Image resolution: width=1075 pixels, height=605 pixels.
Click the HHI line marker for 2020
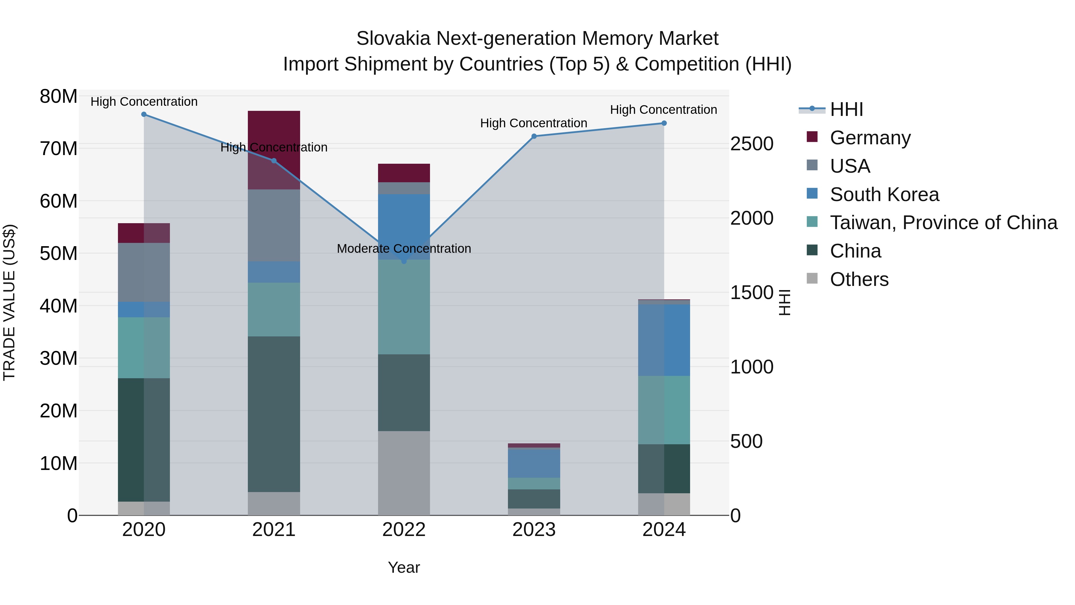tap(144, 114)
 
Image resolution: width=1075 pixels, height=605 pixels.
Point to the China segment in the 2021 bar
tap(274, 414)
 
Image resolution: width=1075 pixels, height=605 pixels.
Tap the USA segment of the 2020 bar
tap(144, 272)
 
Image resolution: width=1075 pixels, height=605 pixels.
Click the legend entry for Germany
tap(870, 138)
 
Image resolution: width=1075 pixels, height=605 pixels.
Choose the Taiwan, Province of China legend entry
tap(943, 223)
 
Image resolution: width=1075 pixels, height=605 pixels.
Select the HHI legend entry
tap(846, 109)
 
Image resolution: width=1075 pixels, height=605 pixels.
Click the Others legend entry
tap(859, 279)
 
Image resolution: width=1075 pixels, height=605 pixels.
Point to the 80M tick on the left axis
tap(59, 97)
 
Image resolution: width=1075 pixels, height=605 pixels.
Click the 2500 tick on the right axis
tap(752, 144)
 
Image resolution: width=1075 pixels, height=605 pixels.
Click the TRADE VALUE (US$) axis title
tap(9, 302)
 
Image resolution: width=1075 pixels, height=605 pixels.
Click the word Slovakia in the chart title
tap(393, 39)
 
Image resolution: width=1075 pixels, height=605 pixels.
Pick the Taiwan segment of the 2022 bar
tap(404, 307)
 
